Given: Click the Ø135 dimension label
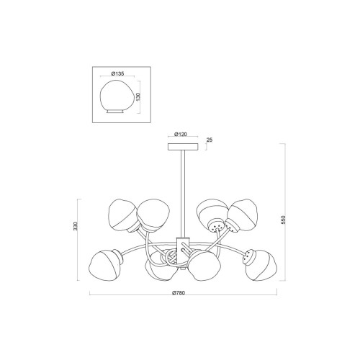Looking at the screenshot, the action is pyautogui.click(x=118, y=73).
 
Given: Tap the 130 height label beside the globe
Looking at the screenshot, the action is pyautogui.click(x=138, y=96).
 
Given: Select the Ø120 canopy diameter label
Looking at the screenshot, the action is pyautogui.click(x=181, y=134).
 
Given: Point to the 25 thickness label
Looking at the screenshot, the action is pyautogui.click(x=210, y=140).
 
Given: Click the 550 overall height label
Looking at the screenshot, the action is pyautogui.click(x=284, y=220).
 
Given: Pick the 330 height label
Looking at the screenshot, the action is pyautogui.click(x=76, y=226).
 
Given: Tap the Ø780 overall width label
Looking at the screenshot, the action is pyautogui.click(x=179, y=292).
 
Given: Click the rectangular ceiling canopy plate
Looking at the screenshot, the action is pyautogui.click(x=183, y=147).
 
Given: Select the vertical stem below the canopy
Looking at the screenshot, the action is pyautogui.click(x=183, y=194).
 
